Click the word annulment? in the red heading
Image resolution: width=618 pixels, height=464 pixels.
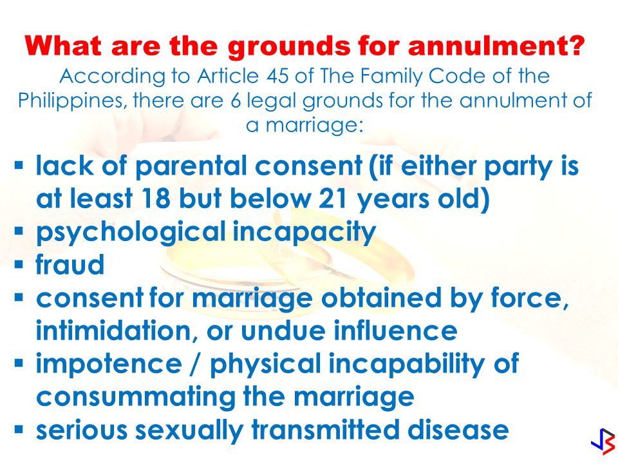[x=496, y=46]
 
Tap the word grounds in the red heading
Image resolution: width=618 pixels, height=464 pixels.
[x=289, y=47]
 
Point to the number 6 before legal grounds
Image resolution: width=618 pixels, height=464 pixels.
[x=236, y=101]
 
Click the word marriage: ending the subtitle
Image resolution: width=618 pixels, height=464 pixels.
[x=315, y=126]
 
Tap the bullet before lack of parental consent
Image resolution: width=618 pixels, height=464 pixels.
[x=19, y=164]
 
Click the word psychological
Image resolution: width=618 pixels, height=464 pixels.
[x=131, y=233]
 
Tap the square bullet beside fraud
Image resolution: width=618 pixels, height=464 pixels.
[x=19, y=264]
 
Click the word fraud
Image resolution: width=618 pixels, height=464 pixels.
[x=70, y=264]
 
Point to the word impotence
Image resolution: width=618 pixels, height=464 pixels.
[x=109, y=365]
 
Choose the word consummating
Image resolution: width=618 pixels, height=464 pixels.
[x=136, y=398]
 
